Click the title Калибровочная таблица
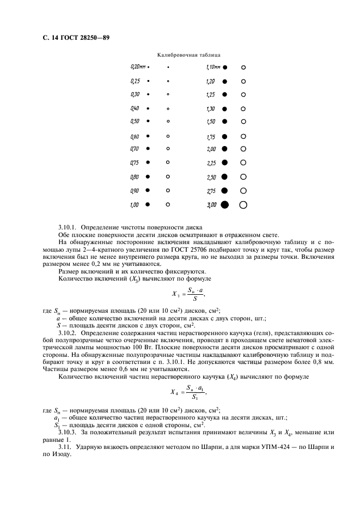188,55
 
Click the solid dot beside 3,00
224,205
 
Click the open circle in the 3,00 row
243,205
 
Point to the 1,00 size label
135,205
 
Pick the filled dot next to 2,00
224,149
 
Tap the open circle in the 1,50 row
243,121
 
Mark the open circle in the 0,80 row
168,177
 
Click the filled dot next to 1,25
224,94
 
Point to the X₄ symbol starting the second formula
174,392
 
